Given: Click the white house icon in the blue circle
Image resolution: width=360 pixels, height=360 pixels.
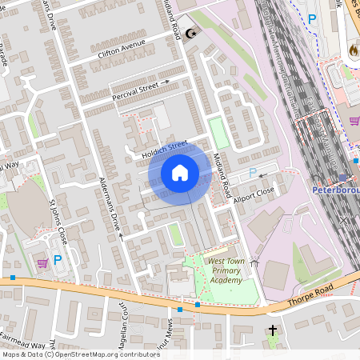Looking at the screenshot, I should click(180, 173).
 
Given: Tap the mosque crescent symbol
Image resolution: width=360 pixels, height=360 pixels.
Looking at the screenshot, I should click(190, 34).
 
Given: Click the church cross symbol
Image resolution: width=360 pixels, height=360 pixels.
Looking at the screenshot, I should click(272, 330).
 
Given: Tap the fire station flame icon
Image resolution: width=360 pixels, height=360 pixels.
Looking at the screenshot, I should click(353, 50).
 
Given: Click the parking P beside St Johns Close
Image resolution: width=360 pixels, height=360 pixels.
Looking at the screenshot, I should click(58, 259).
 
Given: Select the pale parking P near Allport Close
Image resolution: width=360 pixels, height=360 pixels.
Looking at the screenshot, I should click(253, 172).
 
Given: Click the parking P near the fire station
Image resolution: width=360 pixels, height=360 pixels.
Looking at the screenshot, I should click(312, 18).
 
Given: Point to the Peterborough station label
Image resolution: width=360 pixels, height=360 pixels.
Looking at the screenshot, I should click(334, 192).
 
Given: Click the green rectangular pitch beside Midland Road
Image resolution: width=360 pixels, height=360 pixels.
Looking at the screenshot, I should click(218, 133).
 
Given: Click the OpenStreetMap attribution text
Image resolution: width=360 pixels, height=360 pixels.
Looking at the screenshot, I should click(80, 354).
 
